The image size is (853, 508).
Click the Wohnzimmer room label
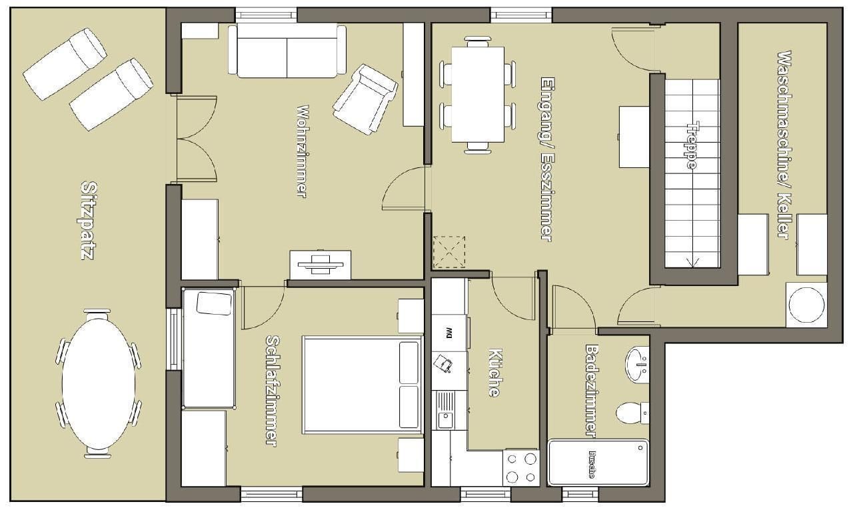coord(303,151)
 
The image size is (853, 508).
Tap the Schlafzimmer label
coord(272,391)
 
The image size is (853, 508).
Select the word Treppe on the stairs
coord(692,145)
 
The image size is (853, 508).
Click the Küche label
coord(494,373)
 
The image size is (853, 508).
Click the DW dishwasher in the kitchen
coord(450,333)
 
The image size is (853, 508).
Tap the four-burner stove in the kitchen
coord(521,467)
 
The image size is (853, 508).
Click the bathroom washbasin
coord(637,364)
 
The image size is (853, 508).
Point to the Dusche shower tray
coord(598,463)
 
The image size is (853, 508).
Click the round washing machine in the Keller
coord(806,305)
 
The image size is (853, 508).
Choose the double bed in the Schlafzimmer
coord(363,385)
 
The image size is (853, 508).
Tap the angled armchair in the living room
coord(365,99)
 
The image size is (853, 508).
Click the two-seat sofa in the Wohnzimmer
coord(287,51)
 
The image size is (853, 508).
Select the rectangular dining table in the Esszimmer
coord(478,95)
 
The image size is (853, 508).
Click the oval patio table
coord(99,383)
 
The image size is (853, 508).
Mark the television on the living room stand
coord(320,264)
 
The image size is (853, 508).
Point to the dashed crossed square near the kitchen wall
coord(449,252)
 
